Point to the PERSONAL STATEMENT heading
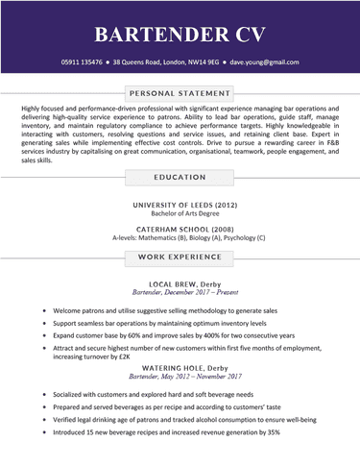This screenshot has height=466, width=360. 180,93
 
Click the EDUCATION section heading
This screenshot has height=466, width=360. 180,177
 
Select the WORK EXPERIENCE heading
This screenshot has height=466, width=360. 180,258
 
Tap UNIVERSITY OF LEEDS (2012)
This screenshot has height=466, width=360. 180,206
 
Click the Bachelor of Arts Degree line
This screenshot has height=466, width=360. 180,215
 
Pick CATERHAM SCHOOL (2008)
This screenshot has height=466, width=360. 180,230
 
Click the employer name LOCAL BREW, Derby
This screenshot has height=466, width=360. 180,285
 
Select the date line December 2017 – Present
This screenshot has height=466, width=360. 180,295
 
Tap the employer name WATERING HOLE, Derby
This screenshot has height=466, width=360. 180,368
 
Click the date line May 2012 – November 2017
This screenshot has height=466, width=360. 180,378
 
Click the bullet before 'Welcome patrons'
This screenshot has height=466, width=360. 44,311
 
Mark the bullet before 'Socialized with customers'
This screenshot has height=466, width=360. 44,394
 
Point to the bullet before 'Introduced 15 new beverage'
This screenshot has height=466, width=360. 44,432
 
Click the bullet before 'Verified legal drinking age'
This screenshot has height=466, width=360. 44,420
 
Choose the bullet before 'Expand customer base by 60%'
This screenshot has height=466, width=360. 44,337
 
